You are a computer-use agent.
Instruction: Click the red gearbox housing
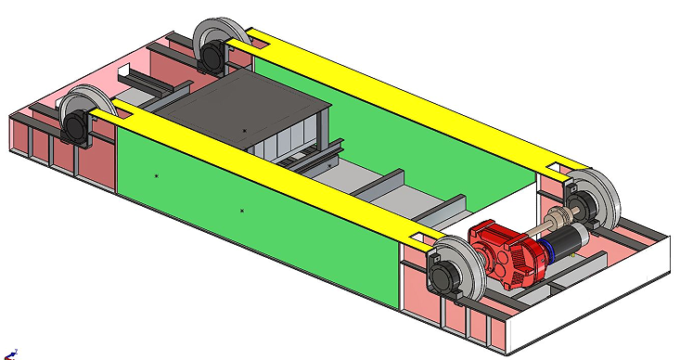point(506,252)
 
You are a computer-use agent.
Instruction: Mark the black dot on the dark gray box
point(244,131)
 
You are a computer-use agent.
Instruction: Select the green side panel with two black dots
point(250,223)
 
